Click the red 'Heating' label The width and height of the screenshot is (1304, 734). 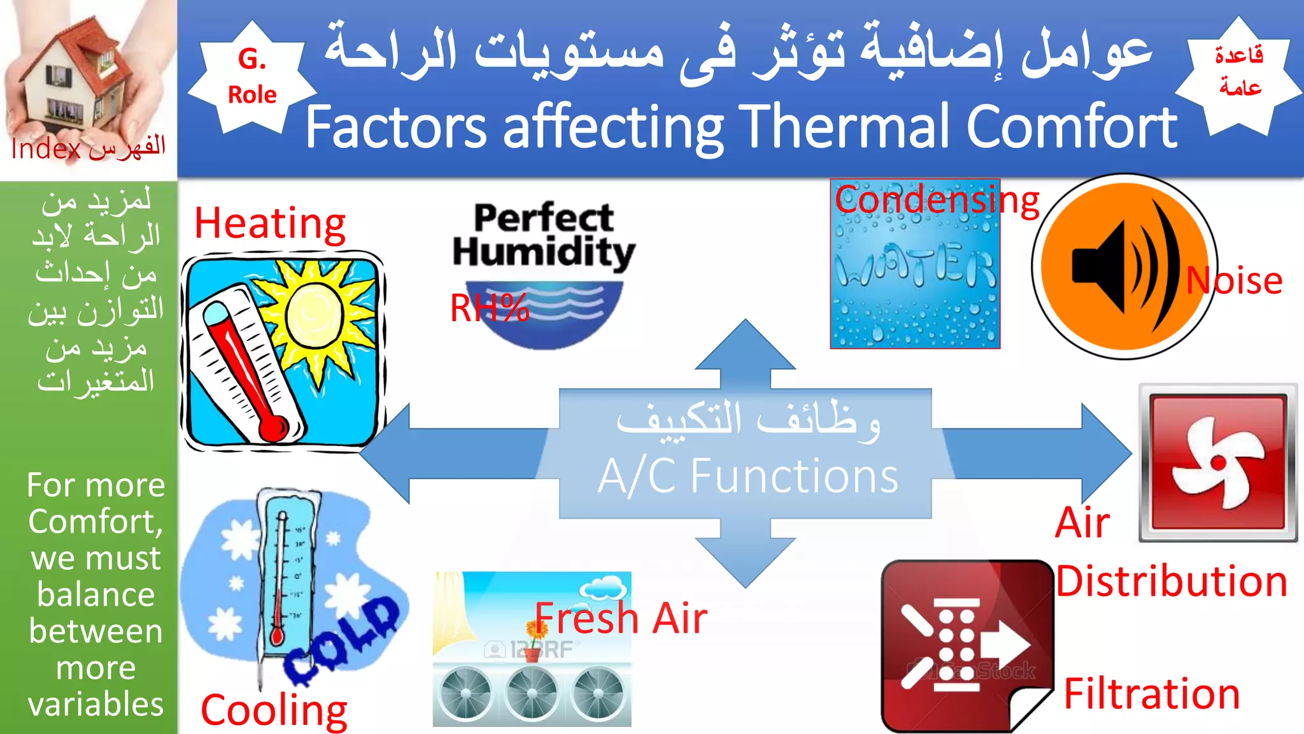(270, 224)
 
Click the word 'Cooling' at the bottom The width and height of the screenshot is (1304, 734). (274, 709)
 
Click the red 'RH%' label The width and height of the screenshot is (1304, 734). (489, 308)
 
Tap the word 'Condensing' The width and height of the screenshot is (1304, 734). (936, 200)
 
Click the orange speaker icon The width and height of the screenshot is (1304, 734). (1124, 266)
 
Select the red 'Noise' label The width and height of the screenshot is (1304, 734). (1234, 280)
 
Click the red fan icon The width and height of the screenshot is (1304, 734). (1217, 462)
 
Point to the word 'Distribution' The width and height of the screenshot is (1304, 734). (1172, 581)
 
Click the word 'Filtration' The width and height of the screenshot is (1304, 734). (1152, 693)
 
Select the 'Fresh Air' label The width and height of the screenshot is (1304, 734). (621, 618)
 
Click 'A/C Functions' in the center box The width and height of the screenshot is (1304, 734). (748, 476)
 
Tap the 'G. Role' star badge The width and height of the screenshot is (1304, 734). (252, 77)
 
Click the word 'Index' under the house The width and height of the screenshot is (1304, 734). (46, 149)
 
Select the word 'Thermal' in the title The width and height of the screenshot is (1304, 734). (847, 127)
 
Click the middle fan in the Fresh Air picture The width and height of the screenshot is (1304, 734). (532, 694)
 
